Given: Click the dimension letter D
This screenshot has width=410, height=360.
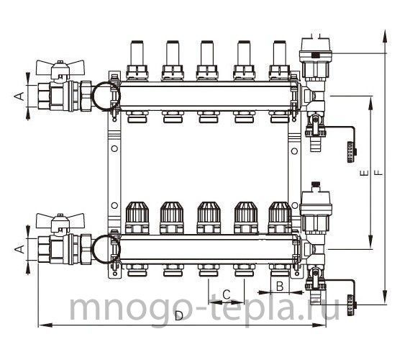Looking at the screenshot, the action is [179, 316].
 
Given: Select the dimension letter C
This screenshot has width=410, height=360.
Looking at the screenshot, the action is [227, 294].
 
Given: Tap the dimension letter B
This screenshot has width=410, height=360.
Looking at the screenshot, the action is [280, 286].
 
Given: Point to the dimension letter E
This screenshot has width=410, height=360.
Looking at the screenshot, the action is [364, 173].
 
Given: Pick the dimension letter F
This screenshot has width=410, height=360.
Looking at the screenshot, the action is [378, 173].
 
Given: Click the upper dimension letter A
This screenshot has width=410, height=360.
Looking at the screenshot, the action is [19, 96].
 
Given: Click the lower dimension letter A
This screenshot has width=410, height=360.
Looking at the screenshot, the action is [19, 249].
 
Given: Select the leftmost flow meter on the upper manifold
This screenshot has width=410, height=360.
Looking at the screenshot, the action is [137, 60].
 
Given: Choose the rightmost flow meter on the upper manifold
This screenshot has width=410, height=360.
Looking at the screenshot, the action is [280, 60].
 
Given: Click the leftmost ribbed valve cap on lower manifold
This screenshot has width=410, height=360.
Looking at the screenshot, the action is [137, 217].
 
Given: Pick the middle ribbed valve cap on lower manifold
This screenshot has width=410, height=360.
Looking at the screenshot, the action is [209, 217].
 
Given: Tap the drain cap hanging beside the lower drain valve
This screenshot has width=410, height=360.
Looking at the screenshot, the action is [352, 305].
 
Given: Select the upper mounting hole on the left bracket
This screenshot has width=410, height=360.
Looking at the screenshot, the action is [114, 149].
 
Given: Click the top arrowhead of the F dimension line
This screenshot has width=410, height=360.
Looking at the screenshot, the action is [385, 36].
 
